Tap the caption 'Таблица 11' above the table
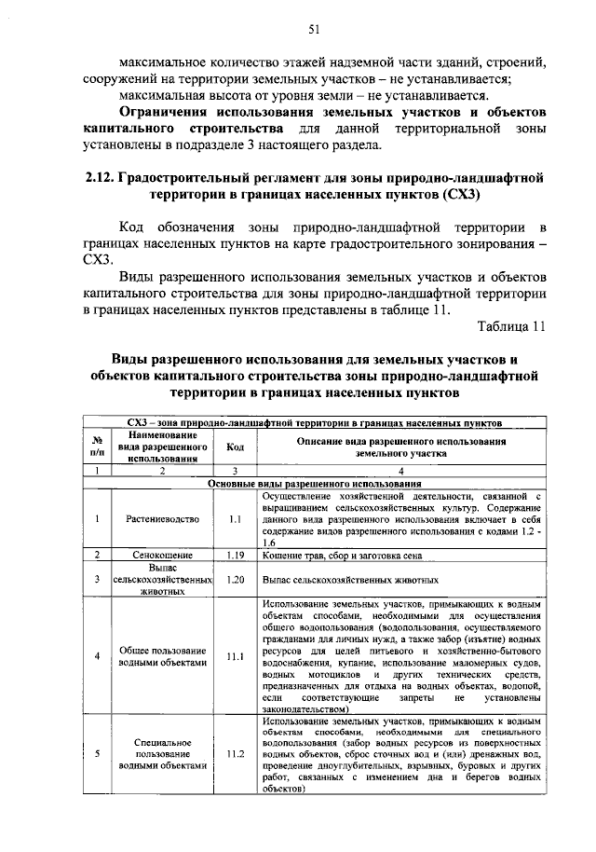click(511, 326)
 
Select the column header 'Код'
click(235, 447)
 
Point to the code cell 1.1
click(235, 517)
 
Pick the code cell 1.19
click(235, 555)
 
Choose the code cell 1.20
click(235, 579)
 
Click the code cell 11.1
click(235, 656)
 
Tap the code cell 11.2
click(235, 754)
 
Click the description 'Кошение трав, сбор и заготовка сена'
click(343, 555)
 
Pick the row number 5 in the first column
click(97, 754)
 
